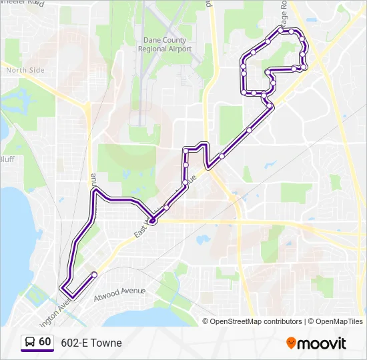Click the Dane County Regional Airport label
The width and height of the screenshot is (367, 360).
pos(164,45)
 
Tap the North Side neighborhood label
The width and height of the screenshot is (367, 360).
pos(25,70)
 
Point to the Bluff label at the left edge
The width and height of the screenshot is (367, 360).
pos(7,159)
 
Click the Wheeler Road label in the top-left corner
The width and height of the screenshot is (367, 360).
pos(21,4)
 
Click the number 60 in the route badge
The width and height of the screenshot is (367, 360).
pos(45,341)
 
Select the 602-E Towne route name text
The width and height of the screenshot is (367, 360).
pos(91,343)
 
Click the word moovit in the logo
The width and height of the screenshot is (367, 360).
pos(322,343)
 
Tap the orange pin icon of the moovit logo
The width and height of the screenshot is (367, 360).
pos(291,343)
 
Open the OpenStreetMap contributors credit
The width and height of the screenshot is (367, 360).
pos(256,321)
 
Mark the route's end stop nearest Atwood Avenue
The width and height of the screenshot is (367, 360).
pos(94,275)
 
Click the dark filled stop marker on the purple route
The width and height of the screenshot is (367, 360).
pos(152,221)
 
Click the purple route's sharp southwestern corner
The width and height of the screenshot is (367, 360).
pos(63,289)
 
